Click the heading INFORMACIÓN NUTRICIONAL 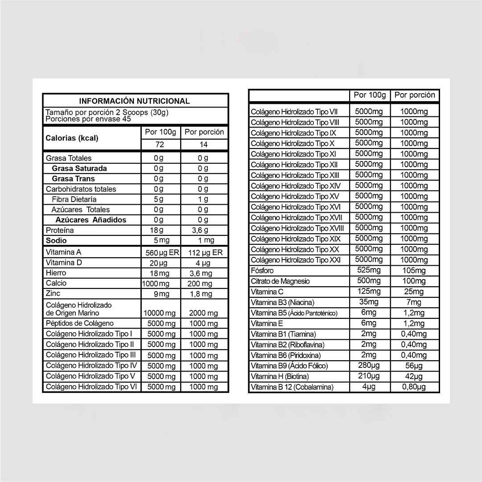(134, 101)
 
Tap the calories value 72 (159, 144)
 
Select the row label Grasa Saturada (79, 169)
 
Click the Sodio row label (56, 241)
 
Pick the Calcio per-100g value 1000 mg (156, 284)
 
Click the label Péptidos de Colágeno (80, 323)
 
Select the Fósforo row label (262, 271)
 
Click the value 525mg (369, 270)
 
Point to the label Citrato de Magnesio (280, 281)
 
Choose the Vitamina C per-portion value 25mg (414, 292)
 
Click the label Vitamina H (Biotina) (280, 377)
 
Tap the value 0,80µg (414, 387)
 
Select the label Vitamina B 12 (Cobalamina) (292, 387)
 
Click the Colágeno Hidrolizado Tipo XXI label (295, 260)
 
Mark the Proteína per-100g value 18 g (157, 231)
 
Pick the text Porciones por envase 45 (88, 119)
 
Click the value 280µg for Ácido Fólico (369, 366)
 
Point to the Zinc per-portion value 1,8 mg (203, 294)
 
